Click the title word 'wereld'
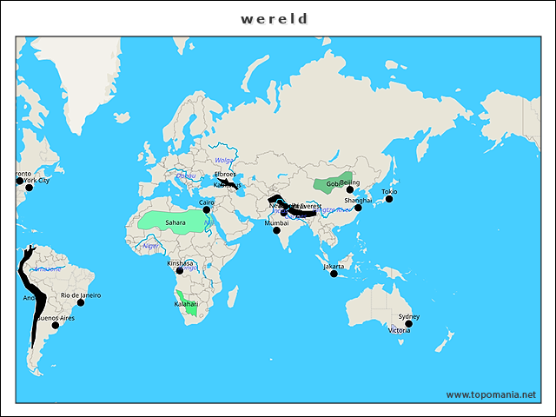(275, 18)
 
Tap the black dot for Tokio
(389, 199)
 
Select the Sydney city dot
(408, 324)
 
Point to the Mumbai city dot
(276, 230)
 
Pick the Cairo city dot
(207, 209)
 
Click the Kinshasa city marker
(180, 270)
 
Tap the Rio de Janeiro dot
(81, 302)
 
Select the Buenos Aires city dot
(56, 326)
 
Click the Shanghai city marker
(358, 208)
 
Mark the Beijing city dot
(351, 189)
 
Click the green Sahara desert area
(174, 221)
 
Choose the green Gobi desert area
(328, 184)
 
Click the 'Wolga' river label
(224, 161)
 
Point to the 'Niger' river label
(151, 246)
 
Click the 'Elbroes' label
(225, 174)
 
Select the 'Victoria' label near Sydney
(400, 331)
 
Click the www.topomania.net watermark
(491, 394)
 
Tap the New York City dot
(29, 188)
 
